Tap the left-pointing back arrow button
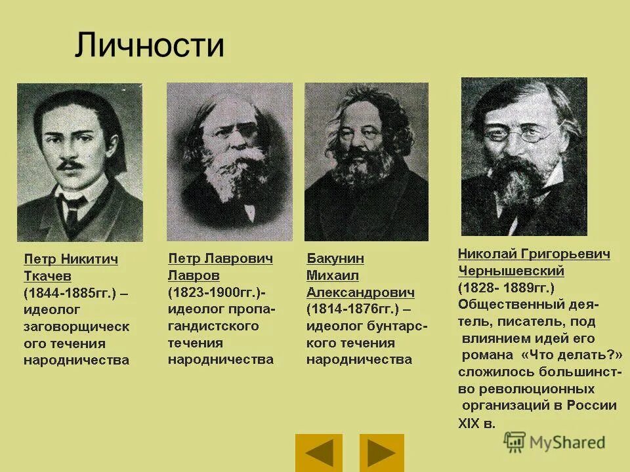point(319,452)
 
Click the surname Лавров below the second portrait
point(194,275)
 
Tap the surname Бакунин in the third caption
point(335,258)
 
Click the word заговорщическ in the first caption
point(76,326)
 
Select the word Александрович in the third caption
point(360,292)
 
